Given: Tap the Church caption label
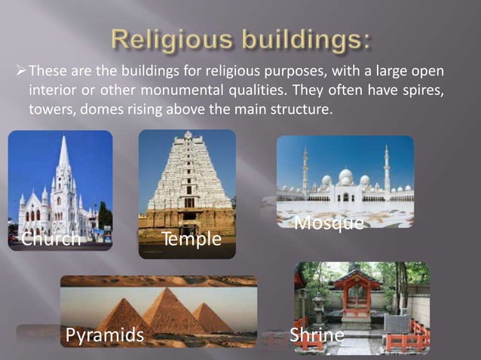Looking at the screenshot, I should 51,239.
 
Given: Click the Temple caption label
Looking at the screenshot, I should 191,239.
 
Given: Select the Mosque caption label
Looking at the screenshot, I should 329,223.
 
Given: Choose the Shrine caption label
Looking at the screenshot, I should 317,334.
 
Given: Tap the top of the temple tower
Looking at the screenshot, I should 188,136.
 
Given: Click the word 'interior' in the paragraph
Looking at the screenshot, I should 52,90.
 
